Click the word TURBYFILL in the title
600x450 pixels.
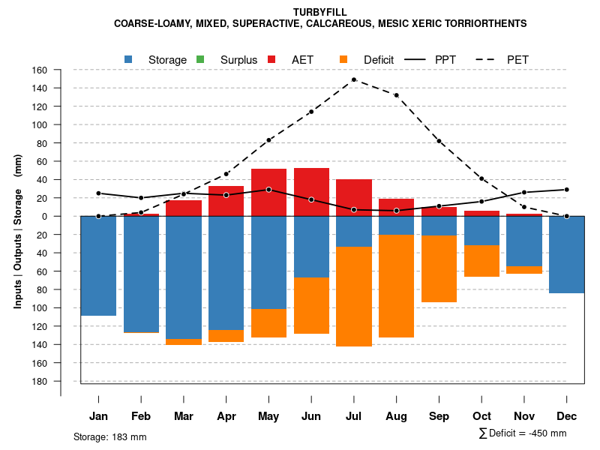coord(320,12)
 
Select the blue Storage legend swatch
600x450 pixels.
coord(129,59)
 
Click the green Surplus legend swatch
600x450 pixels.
coord(200,59)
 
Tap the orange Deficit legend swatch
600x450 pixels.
coord(343,59)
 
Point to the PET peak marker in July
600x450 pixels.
coord(353,79)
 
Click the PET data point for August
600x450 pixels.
coord(396,95)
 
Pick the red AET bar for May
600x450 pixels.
coord(268,180)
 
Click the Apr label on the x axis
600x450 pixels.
coord(226,416)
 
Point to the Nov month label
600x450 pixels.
coord(524,416)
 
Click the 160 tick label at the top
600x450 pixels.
coord(40,70)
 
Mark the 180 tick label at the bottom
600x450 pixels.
coord(40,381)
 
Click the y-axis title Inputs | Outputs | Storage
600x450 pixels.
coord(18,231)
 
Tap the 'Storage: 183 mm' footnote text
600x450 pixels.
coord(110,436)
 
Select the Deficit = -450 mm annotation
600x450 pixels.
coord(522,433)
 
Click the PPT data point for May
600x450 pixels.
coord(268,190)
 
